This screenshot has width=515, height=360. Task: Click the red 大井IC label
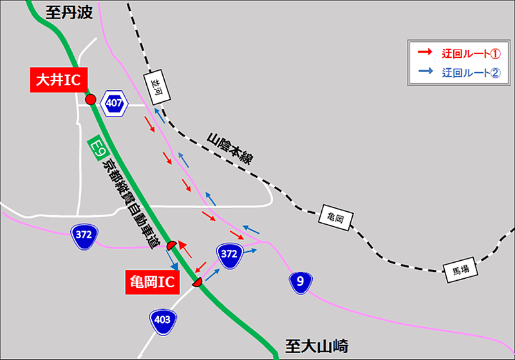pos(57,80)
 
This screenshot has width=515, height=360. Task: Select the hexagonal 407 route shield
pos(115,102)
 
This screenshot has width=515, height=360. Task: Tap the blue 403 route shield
pos(161,319)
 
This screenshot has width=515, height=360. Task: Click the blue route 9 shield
pos(300,281)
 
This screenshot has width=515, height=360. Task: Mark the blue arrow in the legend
pos(426,73)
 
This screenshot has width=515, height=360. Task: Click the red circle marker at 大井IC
pos(91,99)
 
